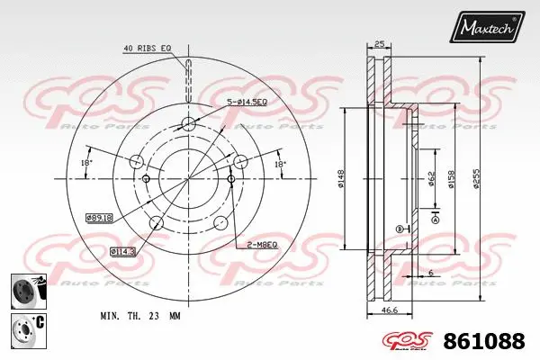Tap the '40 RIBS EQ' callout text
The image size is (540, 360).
148,48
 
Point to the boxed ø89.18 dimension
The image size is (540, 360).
98,217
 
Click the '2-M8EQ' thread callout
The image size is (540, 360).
260,245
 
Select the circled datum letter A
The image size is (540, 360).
436,220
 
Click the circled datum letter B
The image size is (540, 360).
400,229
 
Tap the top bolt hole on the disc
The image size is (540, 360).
187,124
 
